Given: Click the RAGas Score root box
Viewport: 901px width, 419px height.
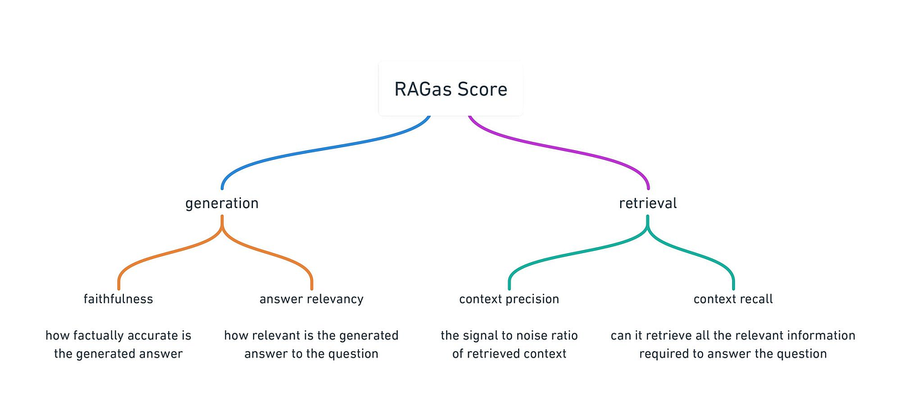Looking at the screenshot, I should click(450, 90).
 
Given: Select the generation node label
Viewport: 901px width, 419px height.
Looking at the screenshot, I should click(221, 203).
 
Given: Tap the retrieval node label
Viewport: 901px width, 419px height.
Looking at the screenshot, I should click(648, 203).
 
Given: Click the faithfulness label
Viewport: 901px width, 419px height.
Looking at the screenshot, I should click(118, 299).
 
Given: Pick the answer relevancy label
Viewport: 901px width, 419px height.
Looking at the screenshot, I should click(311, 299).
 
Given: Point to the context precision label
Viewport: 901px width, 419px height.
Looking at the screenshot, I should click(509, 299).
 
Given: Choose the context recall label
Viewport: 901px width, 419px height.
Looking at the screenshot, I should click(733, 299).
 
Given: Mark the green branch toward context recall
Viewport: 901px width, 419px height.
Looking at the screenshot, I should click(695, 252).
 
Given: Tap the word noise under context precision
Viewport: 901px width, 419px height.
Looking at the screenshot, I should click(529, 336).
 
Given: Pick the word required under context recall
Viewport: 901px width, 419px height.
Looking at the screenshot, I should click(662, 354).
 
